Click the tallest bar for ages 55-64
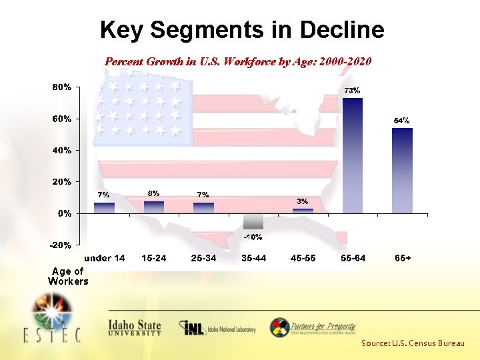(352, 155)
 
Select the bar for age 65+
(402, 171)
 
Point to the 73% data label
(352, 90)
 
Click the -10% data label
(253, 237)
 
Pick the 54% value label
(401, 121)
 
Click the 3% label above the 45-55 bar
(302, 201)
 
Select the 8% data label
(153, 193)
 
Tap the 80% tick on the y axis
(63, 87)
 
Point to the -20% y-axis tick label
(61, 245)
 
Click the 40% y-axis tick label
(63, 150)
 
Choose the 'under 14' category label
(104, 258)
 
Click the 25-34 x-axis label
(203, 258)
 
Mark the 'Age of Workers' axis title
(68, 276)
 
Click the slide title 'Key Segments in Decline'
(242, 30)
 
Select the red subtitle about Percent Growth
(238, 61)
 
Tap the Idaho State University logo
(135, 327)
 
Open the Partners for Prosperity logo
(313, 327)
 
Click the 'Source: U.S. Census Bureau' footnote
(413, 343)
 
